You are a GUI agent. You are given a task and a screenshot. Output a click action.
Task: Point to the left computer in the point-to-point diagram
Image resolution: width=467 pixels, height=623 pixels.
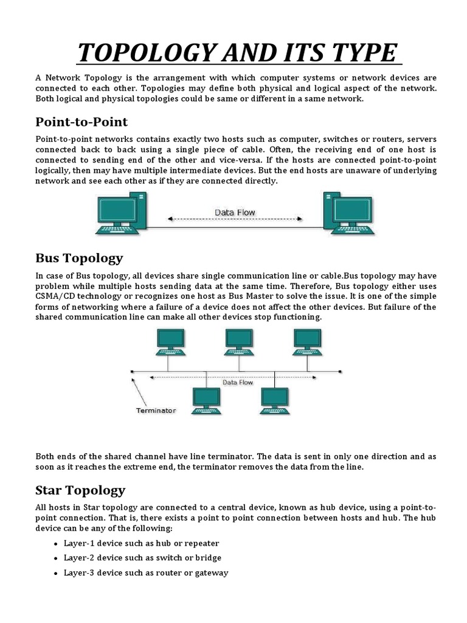coord(121,213)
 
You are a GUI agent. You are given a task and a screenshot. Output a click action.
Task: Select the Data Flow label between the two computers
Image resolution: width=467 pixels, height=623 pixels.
coord(235,212)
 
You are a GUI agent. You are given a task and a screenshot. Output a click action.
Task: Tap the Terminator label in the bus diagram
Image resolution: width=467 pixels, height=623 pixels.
coord(155,410)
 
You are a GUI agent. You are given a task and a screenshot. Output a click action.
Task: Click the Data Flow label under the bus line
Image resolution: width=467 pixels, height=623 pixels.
coord(238,383)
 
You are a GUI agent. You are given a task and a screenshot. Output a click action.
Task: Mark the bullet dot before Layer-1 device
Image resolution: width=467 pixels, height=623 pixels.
coord(56,543)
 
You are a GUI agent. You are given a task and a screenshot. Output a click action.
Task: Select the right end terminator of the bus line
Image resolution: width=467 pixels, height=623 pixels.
coord(341,371)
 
